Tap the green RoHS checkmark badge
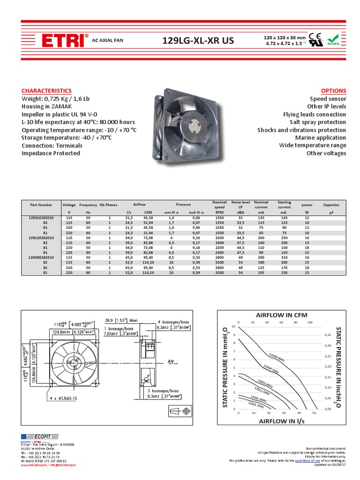click(333, 39)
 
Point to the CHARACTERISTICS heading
click(46, 90)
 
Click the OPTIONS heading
click(333, 90)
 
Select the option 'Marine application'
click(321, 137)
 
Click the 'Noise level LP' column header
click(240, 204)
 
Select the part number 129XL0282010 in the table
click(41, 218)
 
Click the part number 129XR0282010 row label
click(41, 257)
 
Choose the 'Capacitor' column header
click(331, 205)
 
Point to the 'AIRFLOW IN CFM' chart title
click(276, 315)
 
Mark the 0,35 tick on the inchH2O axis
click(328, 335)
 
